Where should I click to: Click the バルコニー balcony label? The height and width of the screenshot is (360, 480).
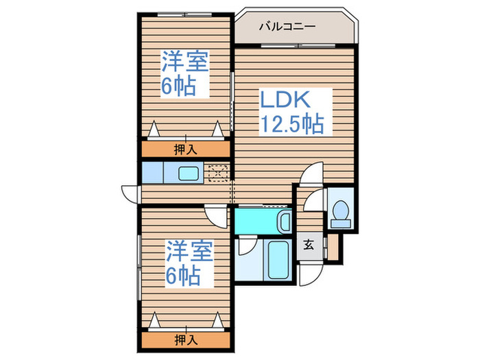tap(287, 27)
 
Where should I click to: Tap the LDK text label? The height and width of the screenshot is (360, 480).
tap(285, 100)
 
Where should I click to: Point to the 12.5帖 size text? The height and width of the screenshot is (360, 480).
tap(291, 124)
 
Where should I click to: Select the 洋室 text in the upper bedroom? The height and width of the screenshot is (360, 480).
tap(185, 61)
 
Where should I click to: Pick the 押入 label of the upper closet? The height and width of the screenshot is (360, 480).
tap(185, 148)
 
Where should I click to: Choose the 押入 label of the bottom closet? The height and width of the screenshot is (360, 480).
tap(186, 339)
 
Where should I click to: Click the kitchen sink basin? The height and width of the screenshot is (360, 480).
tap(189, 173)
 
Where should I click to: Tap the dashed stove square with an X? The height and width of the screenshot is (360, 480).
tap(219, 173)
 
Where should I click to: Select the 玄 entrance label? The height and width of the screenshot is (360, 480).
tap(309, 245)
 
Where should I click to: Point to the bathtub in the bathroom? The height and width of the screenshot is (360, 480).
tap(278, 260)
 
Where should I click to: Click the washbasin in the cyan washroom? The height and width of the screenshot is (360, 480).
tap(284, 221)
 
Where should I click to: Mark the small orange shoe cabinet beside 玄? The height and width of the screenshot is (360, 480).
tap(333, 247)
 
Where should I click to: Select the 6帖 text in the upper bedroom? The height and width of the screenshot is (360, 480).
tap(178, 86)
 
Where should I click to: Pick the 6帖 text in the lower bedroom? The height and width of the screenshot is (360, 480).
tap(182, 276)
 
